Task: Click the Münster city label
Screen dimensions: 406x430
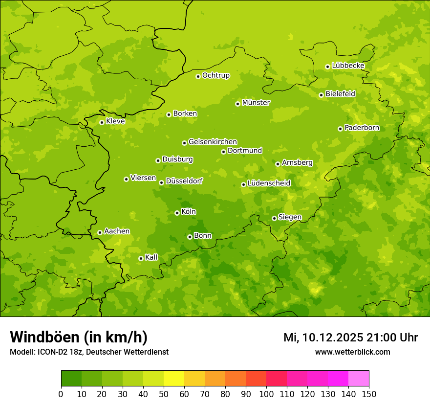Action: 256,103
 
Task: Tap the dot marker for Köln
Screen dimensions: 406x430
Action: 177,213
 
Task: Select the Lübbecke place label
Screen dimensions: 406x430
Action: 348,66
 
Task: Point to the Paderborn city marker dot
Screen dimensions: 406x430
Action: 340,129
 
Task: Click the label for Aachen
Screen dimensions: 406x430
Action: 117,231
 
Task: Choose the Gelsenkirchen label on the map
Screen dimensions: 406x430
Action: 213,142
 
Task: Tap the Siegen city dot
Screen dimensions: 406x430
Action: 274,218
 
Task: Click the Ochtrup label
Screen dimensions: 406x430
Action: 215,75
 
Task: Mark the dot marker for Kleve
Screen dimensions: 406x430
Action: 102,122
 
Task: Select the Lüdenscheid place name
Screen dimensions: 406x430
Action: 269,183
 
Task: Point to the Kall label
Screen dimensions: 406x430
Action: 151,257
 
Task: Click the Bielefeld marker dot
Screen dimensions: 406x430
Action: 321,95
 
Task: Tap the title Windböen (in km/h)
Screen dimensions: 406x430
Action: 79,337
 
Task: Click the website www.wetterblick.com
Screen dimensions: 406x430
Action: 352,352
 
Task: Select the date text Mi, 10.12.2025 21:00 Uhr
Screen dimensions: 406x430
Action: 350,338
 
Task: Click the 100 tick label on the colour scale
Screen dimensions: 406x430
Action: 266,394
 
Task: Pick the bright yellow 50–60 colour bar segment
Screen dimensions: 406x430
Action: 174,379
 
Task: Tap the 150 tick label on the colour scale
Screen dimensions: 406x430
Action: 369,394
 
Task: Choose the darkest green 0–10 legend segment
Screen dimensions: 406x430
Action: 71,379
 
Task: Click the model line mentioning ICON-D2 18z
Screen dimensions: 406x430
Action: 89,352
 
